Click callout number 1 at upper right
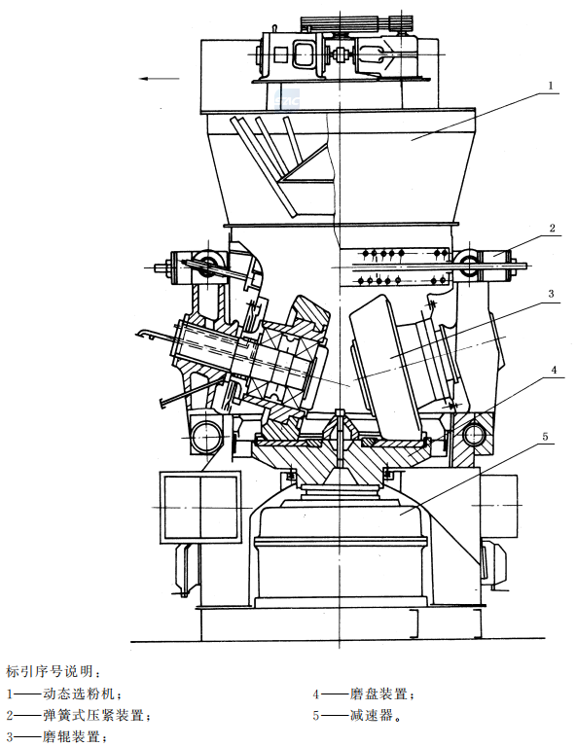tap(551, 86)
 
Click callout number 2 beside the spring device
tap(553, 229)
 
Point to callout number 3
tap(552, 294)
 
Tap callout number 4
tap(554, 370)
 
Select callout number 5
tap(545, 437)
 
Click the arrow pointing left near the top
tap(160, 79)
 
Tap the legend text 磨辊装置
tap(71, 737)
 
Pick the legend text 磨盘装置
tap(378, 694)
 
